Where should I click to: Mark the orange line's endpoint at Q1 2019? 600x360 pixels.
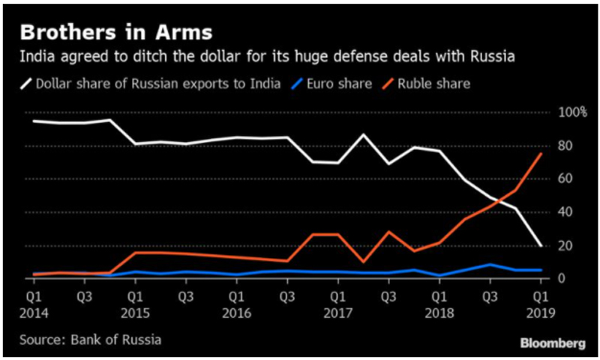click(541, 154)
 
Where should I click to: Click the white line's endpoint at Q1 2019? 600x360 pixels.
click(541, 245)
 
